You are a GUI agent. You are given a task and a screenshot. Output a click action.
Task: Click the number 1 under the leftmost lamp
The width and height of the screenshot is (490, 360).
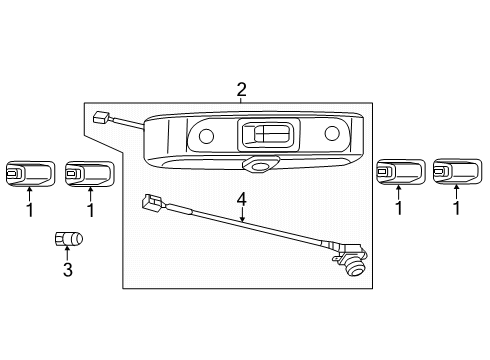coord(29,210)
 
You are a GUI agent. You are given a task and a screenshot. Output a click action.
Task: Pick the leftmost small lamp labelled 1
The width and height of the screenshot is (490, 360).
coord(28,174)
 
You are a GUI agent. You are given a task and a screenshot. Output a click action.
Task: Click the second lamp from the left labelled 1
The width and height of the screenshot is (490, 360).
coord(87,174)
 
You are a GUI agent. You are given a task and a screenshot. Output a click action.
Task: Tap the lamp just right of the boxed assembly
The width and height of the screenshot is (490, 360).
coord(398,174)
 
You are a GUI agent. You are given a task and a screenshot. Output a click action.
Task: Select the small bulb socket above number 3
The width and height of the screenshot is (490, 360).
coord(68,238)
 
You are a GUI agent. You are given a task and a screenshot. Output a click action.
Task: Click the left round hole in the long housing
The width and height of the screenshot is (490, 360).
coord(206,136)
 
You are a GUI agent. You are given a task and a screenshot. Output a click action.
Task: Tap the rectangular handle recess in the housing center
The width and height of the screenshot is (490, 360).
coord(267,133)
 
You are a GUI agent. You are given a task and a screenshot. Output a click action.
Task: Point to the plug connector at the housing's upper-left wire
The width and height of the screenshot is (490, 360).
coord(99,117)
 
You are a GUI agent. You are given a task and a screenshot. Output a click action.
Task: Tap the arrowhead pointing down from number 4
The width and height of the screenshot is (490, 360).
coord(241,221)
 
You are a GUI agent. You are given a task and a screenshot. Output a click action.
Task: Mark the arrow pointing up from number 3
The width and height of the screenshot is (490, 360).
coord(67,252)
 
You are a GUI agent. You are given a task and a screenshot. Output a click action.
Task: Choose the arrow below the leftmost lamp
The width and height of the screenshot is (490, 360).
coord(29,195)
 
